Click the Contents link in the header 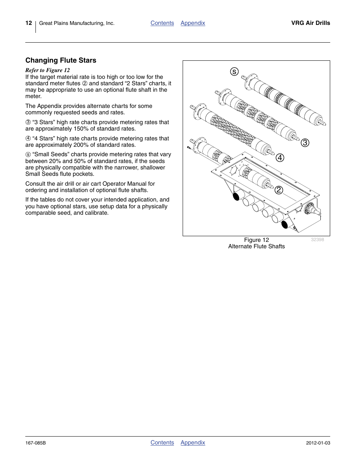162,23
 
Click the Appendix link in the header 193,23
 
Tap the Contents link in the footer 162,443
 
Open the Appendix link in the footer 193,443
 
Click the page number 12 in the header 29,23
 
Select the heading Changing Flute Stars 61,60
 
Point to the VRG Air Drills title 311,23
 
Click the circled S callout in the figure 234,72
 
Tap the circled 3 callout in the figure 305,143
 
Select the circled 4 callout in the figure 280,158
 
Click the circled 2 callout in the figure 278,190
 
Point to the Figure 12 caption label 256,240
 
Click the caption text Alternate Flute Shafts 256,246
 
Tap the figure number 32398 317,240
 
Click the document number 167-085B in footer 35,443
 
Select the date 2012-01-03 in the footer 318,443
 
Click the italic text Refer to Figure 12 48,70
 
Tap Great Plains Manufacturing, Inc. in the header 77,23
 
